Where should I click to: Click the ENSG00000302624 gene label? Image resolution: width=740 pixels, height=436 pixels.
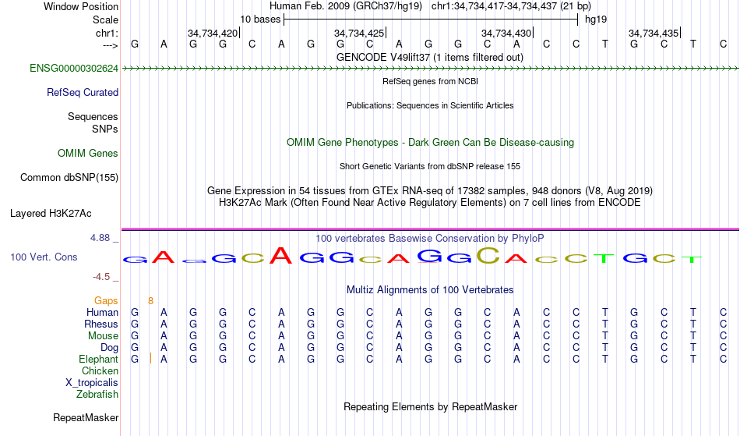[x=74, y=69]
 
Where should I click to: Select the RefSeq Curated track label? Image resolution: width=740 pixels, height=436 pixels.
[x=83, y=93]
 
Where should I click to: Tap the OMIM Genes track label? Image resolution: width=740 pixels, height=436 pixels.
[x=88, y=154]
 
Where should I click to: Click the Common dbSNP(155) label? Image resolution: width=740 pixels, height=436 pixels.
[x=69, y=178]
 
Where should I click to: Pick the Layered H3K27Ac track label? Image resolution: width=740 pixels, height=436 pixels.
[x=51, y=214]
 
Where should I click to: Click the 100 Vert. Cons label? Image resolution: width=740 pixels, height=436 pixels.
[x=44, y=257]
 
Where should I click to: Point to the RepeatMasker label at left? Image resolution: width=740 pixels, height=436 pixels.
[x=86, y=417]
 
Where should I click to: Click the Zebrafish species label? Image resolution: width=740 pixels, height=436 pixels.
[x=97, y=394]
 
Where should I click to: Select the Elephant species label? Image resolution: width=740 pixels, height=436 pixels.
[x=98, y=359]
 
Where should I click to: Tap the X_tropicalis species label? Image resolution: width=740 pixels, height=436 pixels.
[x=92, y=383]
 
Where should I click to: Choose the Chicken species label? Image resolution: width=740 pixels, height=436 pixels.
[x=100, y=370]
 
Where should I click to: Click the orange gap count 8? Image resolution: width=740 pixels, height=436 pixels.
[x=150, y=301]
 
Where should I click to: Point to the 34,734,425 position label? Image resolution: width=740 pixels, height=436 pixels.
[x=358, y=33]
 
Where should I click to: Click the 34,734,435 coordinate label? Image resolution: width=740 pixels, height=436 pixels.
[x=654, y=33]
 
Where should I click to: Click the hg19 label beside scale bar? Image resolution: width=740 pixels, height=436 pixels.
[x=596, y=19]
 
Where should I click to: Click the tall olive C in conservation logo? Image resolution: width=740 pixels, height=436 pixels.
[x=488, y=255]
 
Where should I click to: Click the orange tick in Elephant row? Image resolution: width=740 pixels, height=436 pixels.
[x=150, y=358]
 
